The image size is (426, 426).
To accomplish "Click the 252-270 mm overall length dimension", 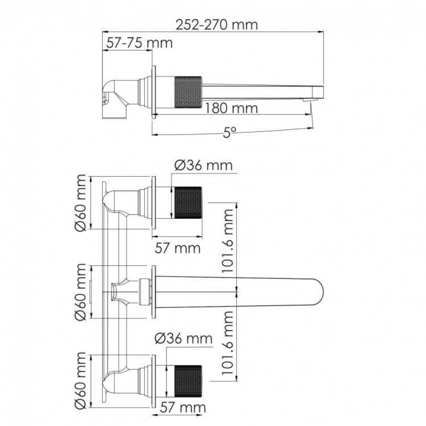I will click(x=210, y=24).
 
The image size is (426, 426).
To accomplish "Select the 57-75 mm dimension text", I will click(x=137, y=43).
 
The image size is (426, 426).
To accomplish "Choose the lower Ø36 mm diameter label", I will click(x=183, y=339).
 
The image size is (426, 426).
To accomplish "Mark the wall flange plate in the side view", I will click(x=153, y=91).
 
